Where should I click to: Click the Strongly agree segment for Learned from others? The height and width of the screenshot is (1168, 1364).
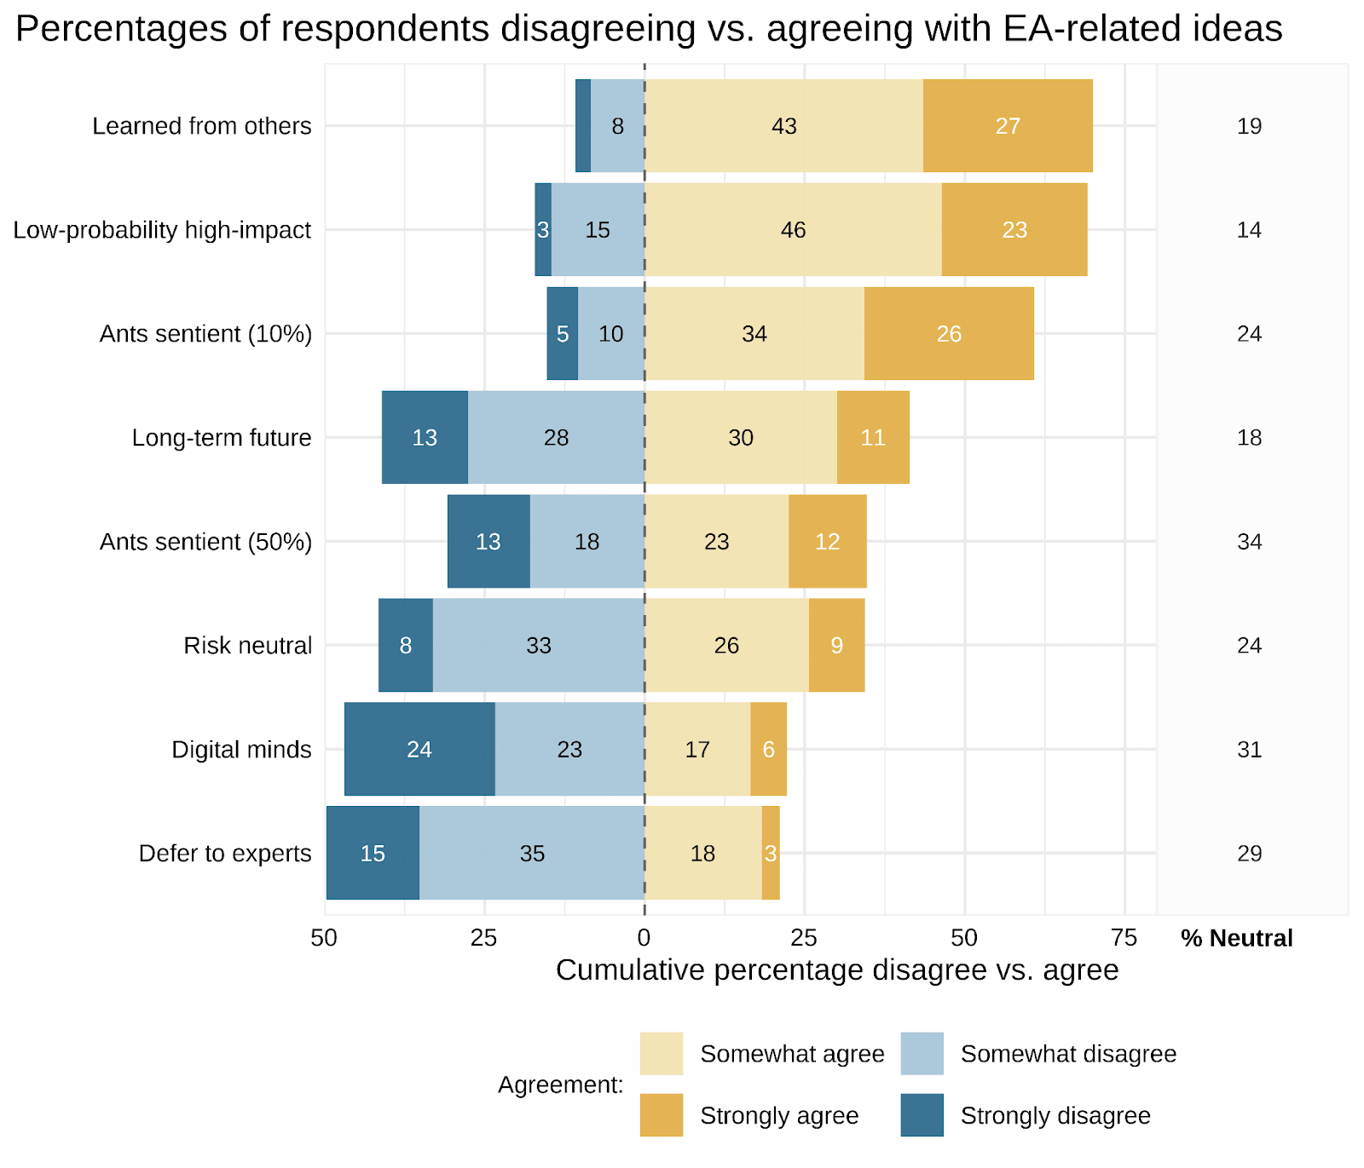pos(1008,126)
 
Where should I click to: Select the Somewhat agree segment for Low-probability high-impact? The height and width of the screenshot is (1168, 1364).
pos(793,230)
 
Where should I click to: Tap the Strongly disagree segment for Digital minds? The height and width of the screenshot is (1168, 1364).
pos(419,750)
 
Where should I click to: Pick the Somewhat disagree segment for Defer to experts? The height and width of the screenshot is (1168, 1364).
pos(532,854)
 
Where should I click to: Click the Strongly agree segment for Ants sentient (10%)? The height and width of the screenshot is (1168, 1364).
pos(949,334)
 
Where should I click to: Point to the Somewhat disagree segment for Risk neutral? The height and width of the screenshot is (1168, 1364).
pos(539,646)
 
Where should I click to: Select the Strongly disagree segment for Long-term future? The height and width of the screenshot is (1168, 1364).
pos(425,438)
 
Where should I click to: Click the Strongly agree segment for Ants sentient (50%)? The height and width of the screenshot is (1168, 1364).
pos(827,542)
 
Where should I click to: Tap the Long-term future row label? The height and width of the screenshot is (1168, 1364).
pos(222,438)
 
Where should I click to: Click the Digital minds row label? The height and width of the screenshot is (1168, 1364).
pos(241,750)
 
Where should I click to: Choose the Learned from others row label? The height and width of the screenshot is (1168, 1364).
pos(202,126)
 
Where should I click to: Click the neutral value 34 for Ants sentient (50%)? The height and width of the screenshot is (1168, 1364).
pos(1249,542)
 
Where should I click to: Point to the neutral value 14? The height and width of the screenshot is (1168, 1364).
pos(1249,230)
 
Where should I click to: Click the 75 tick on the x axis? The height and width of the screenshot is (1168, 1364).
pos(1124,938)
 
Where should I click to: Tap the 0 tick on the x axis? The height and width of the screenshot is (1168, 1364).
pos(644,938)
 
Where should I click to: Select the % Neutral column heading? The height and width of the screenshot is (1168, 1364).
pos(1236,938)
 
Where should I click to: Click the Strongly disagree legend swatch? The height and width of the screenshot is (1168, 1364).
pos(922,1115)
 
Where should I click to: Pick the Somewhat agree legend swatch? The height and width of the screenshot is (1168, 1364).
pos(662,1054)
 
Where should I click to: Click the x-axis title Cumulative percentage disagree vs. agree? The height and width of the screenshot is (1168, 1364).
pos(837,970)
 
